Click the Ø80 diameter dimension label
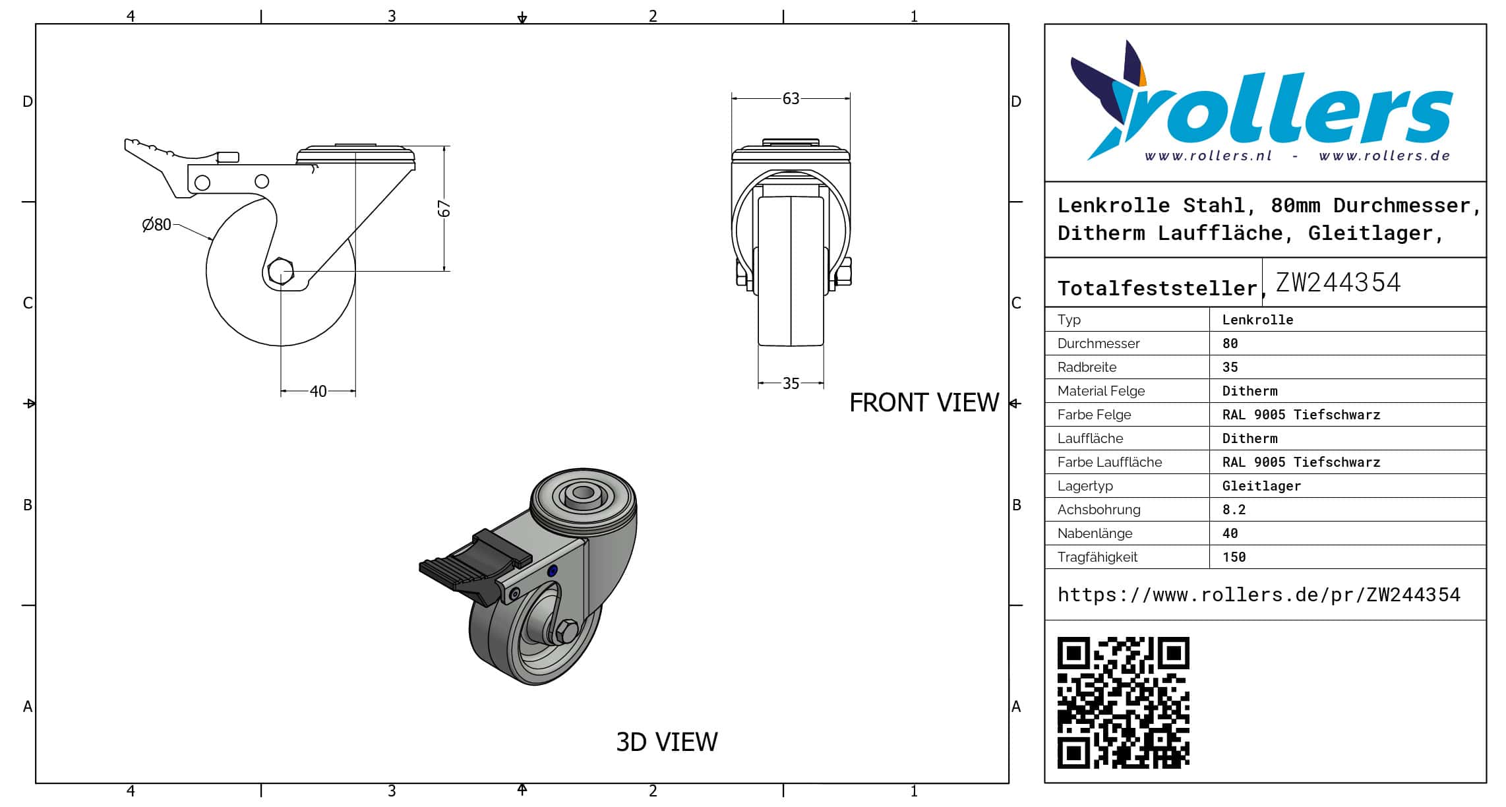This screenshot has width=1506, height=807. [x=156, y=225]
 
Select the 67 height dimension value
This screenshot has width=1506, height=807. [x=444, y=208]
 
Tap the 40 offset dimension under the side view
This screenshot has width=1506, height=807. [x=318, y=392]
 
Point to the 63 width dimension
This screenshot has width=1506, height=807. [x=791, y=99]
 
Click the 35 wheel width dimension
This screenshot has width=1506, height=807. [x=791, y=384]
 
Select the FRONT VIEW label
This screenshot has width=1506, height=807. [x=924, y=403]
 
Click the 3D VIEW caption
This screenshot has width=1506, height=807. [x=667, y=742]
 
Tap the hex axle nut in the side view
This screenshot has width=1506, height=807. [x=281, y=271]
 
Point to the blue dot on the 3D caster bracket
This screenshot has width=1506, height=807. [x=553, y=571]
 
